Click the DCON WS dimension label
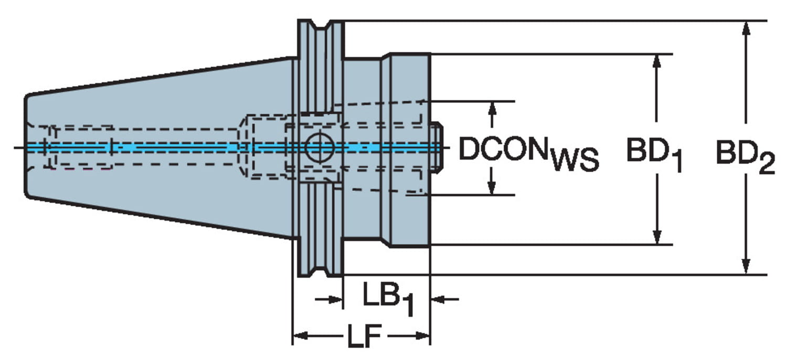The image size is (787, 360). [529, 154]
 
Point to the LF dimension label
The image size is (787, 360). [364, 336]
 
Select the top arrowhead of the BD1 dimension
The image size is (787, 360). [656, 62]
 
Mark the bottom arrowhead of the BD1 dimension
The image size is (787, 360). [656, 237]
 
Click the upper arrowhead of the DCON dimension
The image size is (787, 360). [493, 109]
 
